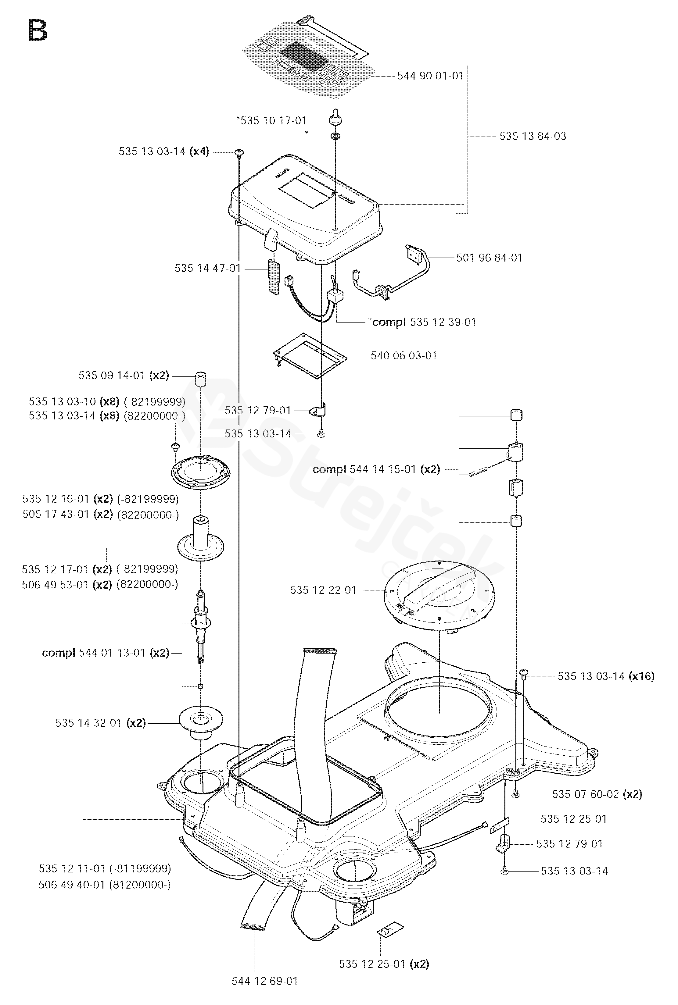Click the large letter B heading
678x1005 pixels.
pos(38,31)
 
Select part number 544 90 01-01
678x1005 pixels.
pos(430,76)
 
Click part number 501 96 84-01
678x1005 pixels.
pos(490,258)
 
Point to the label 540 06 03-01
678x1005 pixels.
pos(404,356)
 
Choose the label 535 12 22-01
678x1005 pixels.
pos(323,590)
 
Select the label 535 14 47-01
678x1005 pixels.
pos(208,268)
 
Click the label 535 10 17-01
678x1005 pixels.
pos(274,120)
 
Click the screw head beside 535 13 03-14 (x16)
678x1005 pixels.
pos(524,672)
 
